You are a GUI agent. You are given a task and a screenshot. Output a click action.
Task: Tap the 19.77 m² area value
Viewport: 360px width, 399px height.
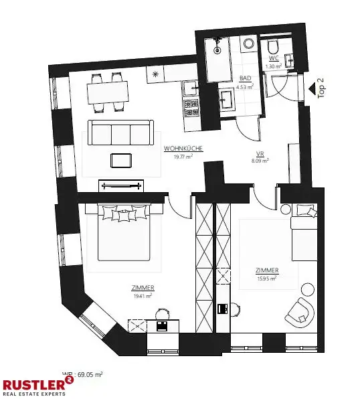(183, 156)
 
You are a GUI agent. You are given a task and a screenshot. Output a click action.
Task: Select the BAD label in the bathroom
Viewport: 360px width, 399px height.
(246, 78)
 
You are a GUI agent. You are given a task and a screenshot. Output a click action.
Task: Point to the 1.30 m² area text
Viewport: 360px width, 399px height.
(274, 67)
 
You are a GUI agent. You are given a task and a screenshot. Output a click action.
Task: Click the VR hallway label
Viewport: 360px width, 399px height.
(260, 153)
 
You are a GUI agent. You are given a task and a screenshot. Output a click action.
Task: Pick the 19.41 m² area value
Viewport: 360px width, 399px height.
(143, 295)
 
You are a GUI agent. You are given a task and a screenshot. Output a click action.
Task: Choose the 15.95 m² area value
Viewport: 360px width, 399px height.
(267, 278)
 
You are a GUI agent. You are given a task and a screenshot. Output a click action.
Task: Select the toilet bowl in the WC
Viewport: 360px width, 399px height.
(272, 48)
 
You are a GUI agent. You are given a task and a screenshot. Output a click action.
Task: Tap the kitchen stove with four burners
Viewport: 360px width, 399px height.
(191, 106)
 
